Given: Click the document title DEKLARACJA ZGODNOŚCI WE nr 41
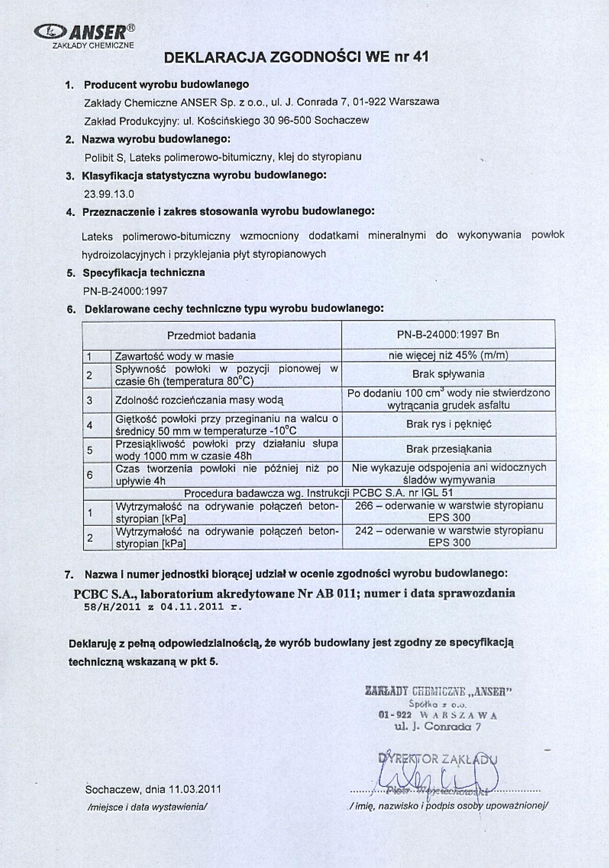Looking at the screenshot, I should click(296, 57).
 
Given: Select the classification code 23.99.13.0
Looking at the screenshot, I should click(109, 194).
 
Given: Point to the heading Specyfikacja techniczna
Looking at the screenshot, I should click(144, 273).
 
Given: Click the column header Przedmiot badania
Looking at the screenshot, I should click(212, 336).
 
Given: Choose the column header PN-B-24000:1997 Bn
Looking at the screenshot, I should click(448, 335).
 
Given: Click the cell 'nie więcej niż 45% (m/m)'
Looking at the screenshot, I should click(448, 355).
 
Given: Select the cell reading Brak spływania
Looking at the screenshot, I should click(448, 375).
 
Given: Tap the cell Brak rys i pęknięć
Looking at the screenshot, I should click(449, 424).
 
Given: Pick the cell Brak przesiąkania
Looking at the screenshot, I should click(449, 449).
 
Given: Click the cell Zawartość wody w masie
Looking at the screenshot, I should click(175, 356).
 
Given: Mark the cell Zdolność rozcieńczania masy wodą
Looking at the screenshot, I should click(199, 400).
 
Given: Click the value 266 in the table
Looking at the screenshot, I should click(364, 506).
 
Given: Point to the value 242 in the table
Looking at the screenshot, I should click(364, 530).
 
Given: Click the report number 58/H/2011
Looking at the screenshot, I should click(108, 607).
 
